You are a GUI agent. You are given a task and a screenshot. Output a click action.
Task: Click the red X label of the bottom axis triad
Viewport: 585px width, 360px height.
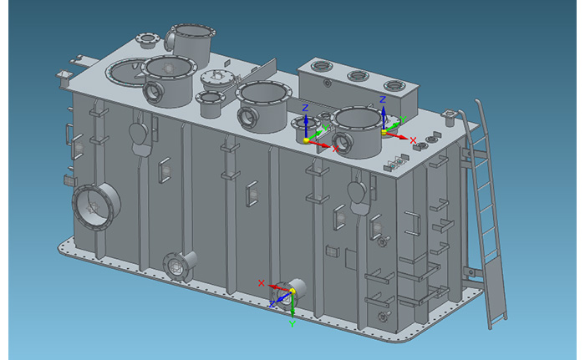[x=261, y=283]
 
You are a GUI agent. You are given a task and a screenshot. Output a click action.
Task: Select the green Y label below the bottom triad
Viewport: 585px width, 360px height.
[x=292, y=324]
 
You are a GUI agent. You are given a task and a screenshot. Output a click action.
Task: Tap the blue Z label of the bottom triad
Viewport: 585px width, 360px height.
[x=272, y=304]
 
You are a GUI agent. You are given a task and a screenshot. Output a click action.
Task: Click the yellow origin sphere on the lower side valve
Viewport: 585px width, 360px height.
[x=292, y=291]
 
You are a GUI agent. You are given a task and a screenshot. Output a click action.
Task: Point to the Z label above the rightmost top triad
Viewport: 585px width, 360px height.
[x=383, y=99]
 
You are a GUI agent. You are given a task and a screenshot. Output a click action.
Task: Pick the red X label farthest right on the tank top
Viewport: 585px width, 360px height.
[x=413, y=140]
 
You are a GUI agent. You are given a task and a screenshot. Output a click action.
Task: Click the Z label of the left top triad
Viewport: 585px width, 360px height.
[x=306, y=108]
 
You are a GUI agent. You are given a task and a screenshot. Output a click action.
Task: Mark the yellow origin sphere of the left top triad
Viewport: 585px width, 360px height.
[x=307, y=140]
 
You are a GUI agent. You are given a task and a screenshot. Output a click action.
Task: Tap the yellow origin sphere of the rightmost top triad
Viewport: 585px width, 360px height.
[x=384, y=132]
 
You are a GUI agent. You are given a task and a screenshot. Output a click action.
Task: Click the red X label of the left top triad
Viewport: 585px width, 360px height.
[x=335, y=149]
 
